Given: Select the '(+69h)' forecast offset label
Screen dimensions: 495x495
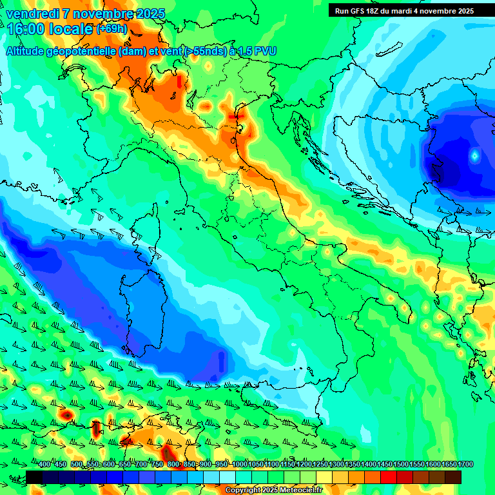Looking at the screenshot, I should (112, 29).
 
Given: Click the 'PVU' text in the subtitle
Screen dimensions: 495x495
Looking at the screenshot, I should (264, 51).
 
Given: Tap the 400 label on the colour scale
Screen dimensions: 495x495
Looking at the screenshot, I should (44, 465).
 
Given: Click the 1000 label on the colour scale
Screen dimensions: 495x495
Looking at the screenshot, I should (240, 465).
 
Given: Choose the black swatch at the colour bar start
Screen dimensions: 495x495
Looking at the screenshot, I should (34, 477).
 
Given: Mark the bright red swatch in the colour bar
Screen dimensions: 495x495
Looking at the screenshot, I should (389, 477).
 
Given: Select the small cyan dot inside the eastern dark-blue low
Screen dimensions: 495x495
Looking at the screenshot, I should (475, 155).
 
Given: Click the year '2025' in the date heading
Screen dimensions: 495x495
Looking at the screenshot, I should (146, 14).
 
